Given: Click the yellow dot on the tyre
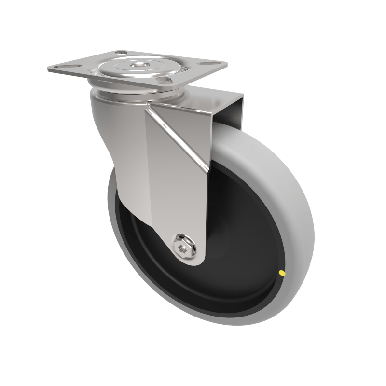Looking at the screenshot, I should click(x=281, y=274).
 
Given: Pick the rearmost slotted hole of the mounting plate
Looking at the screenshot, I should click(x=121, y=53).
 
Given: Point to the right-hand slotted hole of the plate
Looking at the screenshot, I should click(x=210, y=63).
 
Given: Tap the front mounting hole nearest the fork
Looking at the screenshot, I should click(x=165, y=80).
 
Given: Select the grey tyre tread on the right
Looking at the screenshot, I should click(x=294, y=203).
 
